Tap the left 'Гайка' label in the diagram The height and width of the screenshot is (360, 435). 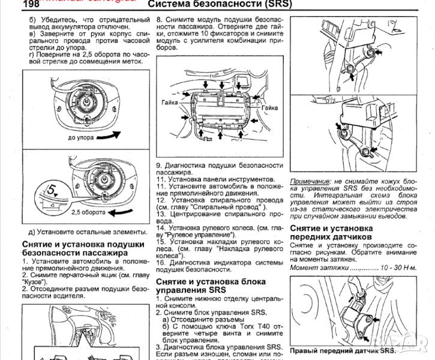tap(170, 103)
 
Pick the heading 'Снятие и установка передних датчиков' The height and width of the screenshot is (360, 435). tap(331, 233)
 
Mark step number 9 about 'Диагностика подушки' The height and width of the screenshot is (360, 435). tap(159, 165)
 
